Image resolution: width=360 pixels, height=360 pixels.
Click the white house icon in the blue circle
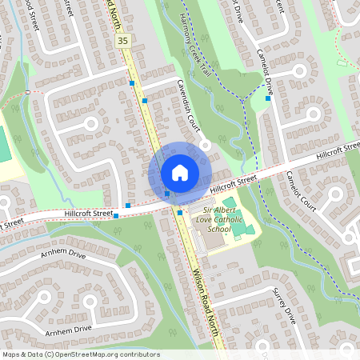[x=180, y=172]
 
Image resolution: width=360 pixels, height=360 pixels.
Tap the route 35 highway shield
[x=122, y=40]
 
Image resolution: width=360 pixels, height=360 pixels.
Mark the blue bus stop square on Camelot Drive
[x=268, y=98]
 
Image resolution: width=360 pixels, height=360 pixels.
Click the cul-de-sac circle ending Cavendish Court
[x=206, y=145]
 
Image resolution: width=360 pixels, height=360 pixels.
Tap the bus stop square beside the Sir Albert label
[x=180, y=212]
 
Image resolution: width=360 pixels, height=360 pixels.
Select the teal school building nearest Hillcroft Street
[x=230, y=203]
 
